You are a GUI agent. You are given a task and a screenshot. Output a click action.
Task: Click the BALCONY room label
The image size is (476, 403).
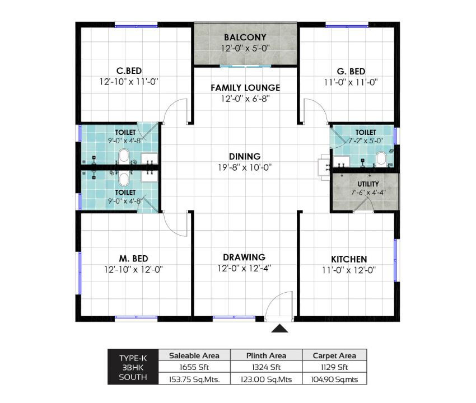point(245,38)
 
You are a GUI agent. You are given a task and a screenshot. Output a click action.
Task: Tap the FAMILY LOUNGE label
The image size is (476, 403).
point(245,88)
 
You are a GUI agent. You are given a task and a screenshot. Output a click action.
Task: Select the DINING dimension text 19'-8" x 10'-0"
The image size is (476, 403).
point(245,167)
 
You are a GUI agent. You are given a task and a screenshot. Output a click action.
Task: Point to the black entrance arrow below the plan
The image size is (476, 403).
point(279,329)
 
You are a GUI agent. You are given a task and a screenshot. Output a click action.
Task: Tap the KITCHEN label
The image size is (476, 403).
point(349,259)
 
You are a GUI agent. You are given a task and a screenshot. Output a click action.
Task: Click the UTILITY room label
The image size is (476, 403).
point(368,184)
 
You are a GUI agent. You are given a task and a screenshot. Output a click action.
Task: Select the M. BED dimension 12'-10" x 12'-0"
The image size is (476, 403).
point(134,269)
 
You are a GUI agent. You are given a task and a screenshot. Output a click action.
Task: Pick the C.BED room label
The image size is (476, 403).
point(129,71)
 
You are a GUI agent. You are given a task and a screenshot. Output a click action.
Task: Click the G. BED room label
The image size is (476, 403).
point(351,71)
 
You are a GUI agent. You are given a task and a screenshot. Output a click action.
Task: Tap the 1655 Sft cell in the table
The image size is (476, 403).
point(194,367)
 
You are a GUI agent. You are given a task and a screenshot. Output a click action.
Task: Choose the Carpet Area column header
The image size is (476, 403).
point(334,355)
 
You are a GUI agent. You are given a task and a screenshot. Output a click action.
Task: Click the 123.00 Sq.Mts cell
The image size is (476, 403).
point(266,379)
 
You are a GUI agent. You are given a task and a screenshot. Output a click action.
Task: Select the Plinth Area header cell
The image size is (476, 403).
point(266,355)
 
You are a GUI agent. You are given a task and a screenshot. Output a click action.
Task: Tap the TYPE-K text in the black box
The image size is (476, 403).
point(133,358)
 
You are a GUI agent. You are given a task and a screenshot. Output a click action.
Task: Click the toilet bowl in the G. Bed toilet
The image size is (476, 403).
point(381,159)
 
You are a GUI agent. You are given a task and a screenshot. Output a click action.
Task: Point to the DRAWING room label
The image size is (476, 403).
point(244,257)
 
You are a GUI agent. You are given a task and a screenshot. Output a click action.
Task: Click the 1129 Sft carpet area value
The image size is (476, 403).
point(334,367)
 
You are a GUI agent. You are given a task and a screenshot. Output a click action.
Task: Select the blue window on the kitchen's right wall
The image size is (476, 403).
point(395,260)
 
